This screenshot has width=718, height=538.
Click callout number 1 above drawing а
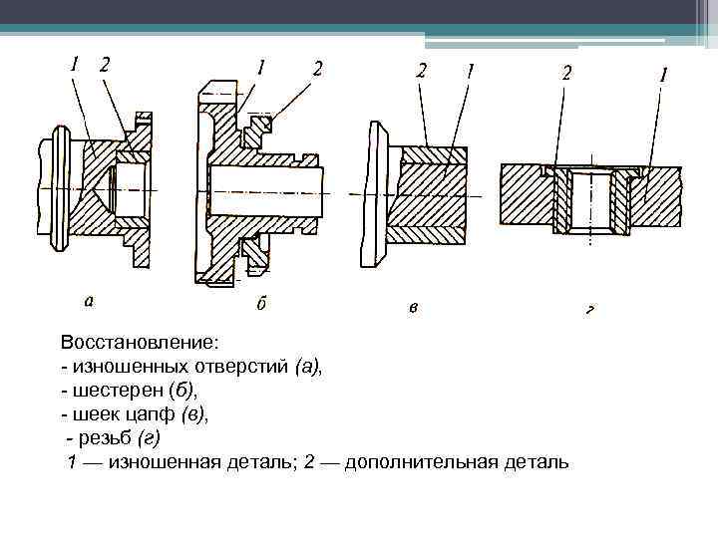[75, 64]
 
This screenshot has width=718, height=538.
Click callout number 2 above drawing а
[105, 64]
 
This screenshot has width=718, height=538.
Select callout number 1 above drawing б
[260, 68]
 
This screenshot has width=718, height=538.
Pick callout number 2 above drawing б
[317, 68]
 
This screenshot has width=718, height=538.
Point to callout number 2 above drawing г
[567, 73]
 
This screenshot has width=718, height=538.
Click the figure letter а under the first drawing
[90, 298]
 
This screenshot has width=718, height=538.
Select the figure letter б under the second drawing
[261, 302]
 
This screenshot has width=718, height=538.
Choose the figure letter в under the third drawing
[413, 307]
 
